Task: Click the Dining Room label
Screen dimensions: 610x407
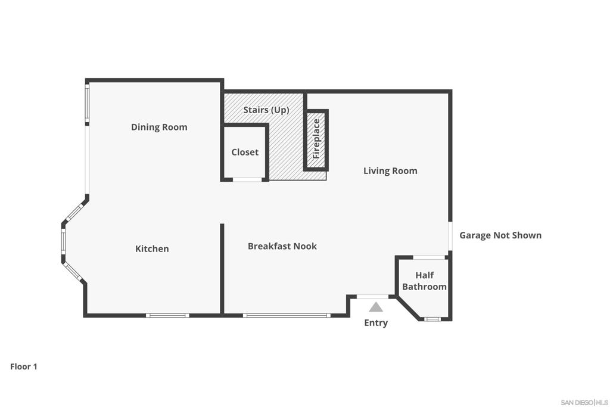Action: [159, 128]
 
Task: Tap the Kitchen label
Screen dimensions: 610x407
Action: [152, 248]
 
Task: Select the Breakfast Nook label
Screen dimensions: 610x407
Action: [282, 246]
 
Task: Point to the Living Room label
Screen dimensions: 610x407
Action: [390, 171]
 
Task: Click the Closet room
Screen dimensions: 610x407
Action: [245, 152]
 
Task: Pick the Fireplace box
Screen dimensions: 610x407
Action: [316, 140]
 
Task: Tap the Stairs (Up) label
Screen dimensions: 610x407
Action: [266, 110]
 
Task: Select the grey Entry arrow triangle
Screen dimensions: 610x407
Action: [376, 307]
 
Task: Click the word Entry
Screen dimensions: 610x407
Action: [376, 323]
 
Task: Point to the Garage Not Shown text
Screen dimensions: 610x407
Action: [500, 235]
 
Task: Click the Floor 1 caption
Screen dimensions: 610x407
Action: [24, 366]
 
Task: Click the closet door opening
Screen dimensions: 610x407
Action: [247, 180]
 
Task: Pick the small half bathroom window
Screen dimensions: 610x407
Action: [431, 319]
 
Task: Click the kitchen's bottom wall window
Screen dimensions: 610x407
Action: [167, 315]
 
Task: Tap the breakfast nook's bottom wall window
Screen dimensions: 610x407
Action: [287, 315]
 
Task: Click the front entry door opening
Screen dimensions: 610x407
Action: [373, 297]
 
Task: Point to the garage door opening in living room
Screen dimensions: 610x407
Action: [450, 236]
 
